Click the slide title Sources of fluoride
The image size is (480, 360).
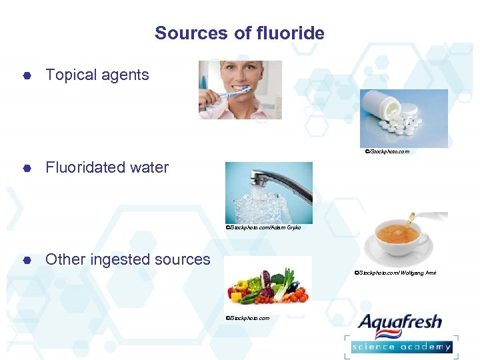239,33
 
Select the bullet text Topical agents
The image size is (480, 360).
97,75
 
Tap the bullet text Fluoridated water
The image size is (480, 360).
107,167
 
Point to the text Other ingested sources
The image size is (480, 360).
127,259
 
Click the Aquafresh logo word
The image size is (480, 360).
400,323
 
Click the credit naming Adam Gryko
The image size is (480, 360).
263,227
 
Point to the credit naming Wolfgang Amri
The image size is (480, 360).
395,273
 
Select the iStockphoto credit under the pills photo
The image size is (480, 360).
387,151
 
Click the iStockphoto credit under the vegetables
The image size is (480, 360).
247,318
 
